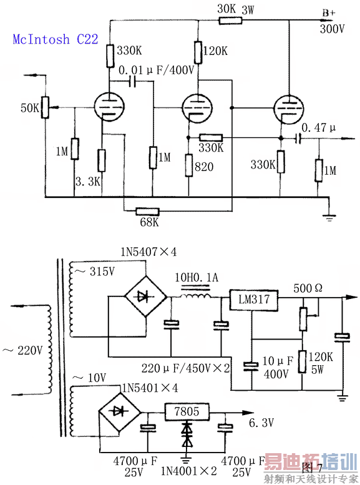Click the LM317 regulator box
coord(253,300)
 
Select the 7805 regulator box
coord(187,412)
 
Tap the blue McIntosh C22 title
coord(56,39)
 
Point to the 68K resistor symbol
coord(147,212)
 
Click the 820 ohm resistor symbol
coord(189,165)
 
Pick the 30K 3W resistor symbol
coord(230,21)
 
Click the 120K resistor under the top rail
coord(198,52)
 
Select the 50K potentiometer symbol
coord(45,107)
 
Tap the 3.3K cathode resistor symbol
coord(102,160)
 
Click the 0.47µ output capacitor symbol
coord(298,139)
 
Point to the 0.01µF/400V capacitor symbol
coord(133,81)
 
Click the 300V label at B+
coord(332,29)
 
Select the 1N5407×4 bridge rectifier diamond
coord(145,296)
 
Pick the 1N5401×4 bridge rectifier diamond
coord(119,412)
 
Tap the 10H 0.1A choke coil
coord(196,296)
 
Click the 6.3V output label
coord(261,423)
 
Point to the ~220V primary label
coord(22,350)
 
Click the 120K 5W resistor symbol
coord(303,361)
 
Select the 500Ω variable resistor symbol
coord(303,319)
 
